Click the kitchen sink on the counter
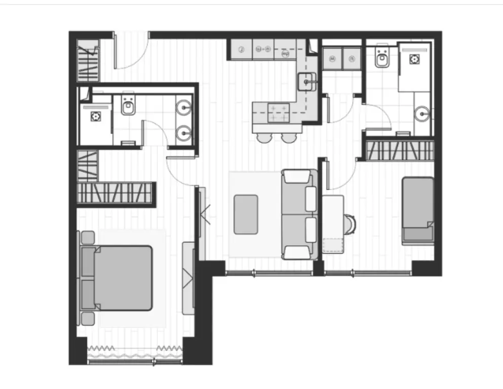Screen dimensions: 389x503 [x=307, y=81]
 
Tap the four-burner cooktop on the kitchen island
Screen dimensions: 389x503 [x=278, y=112]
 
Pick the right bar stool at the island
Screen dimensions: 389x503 [x=288, y=137]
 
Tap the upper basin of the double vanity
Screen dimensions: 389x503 [x=183, y=107]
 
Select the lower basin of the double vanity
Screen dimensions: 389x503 [x=183, y=134]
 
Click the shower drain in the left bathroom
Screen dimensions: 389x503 [x=95, y=116]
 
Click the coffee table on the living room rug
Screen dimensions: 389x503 [x=246, y=214]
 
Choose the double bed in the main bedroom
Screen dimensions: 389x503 [x=122, y=278]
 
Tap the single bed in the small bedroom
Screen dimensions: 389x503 [x=418, y=210]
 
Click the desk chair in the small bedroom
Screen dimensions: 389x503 [x=350, y=224]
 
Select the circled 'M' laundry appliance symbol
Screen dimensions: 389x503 [x=333, y=59]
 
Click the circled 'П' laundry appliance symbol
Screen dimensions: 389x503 [x=352, y=59]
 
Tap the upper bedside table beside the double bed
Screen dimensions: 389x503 [x=88, y=237]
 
